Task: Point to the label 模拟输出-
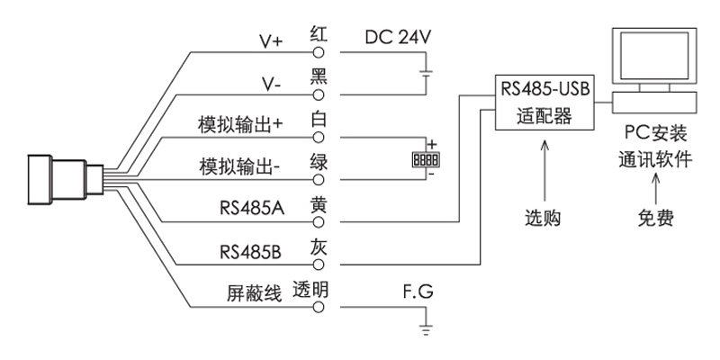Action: tap(240, 167)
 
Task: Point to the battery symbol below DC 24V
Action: tap(425, 73)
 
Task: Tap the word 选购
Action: tap(544, 219)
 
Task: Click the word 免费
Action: tap(655, 219)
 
